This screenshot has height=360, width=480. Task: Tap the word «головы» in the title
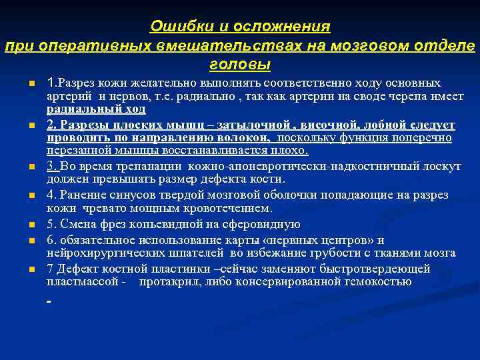[240, 65]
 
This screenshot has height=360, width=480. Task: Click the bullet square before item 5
[31, 225]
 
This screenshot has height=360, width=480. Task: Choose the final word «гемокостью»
[378, 281]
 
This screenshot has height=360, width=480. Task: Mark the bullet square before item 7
[31, 269]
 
